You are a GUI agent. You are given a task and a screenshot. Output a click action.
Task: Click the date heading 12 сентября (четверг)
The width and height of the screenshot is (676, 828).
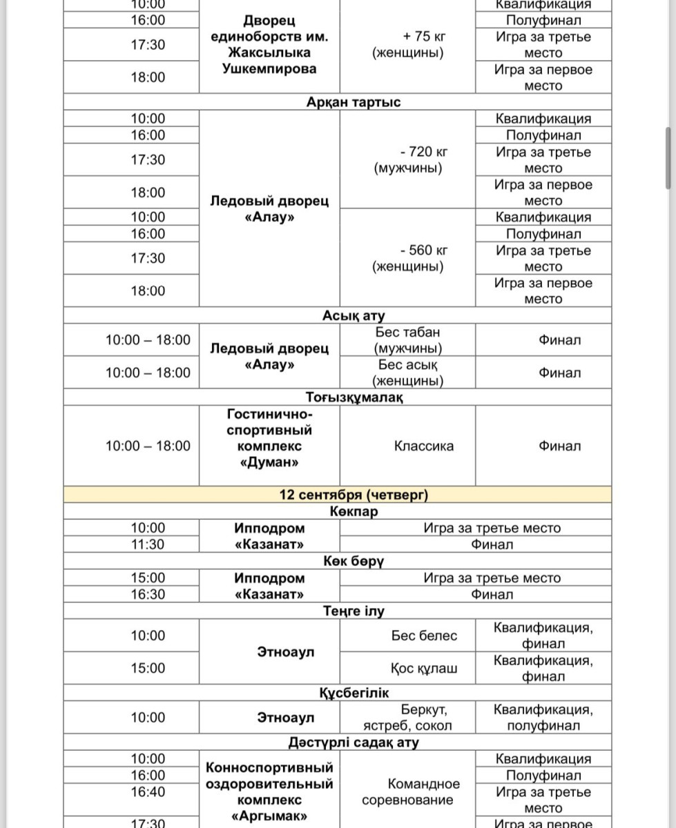[x=354, y=495]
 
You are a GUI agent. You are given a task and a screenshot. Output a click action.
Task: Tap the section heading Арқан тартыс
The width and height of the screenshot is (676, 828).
[x=354, y=102]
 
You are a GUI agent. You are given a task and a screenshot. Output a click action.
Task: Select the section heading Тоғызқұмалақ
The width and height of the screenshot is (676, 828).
[x=354, y=397]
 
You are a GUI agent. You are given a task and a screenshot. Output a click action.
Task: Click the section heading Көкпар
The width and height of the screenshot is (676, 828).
[x=354, y=512]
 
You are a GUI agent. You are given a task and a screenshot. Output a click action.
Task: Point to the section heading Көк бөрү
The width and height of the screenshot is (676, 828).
[x=354, y=561]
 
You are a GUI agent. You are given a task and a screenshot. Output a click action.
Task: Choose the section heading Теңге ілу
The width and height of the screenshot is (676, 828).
[x=354, y=611]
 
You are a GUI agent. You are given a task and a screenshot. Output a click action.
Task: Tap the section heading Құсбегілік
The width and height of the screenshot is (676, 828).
[x=354, y=693]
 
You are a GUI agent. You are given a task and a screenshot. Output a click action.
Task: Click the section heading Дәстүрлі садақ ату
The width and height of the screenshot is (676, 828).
[x=354, y=742]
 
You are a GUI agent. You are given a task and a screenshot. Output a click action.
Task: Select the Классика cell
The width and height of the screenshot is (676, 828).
[x=424, y=446]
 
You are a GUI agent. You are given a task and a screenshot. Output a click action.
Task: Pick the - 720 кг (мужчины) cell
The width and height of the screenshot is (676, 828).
[x=408, y=159]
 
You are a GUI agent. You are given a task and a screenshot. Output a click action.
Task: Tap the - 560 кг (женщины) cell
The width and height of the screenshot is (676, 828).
[x=408, y=258]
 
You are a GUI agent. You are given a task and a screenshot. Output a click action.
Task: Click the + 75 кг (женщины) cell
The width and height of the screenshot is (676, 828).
[x=408, y=44]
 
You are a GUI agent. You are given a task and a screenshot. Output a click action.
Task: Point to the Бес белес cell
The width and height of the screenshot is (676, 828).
[x=424, y=635]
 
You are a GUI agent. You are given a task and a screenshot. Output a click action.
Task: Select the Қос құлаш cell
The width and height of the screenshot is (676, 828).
[x=424, y=668]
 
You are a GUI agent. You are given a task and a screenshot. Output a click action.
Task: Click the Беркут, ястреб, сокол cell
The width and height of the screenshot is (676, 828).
[x=408, y=718]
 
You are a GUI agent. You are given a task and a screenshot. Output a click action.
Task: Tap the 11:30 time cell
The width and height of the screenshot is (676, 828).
[x=148, y=544]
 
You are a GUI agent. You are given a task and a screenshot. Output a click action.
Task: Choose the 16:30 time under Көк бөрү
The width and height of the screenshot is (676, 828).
[x=148, y=594]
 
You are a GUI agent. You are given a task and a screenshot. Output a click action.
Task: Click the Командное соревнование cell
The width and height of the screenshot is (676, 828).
[x=408, y=791]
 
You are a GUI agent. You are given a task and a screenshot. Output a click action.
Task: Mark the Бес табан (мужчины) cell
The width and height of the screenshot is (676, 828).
[x=408, y=340]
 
